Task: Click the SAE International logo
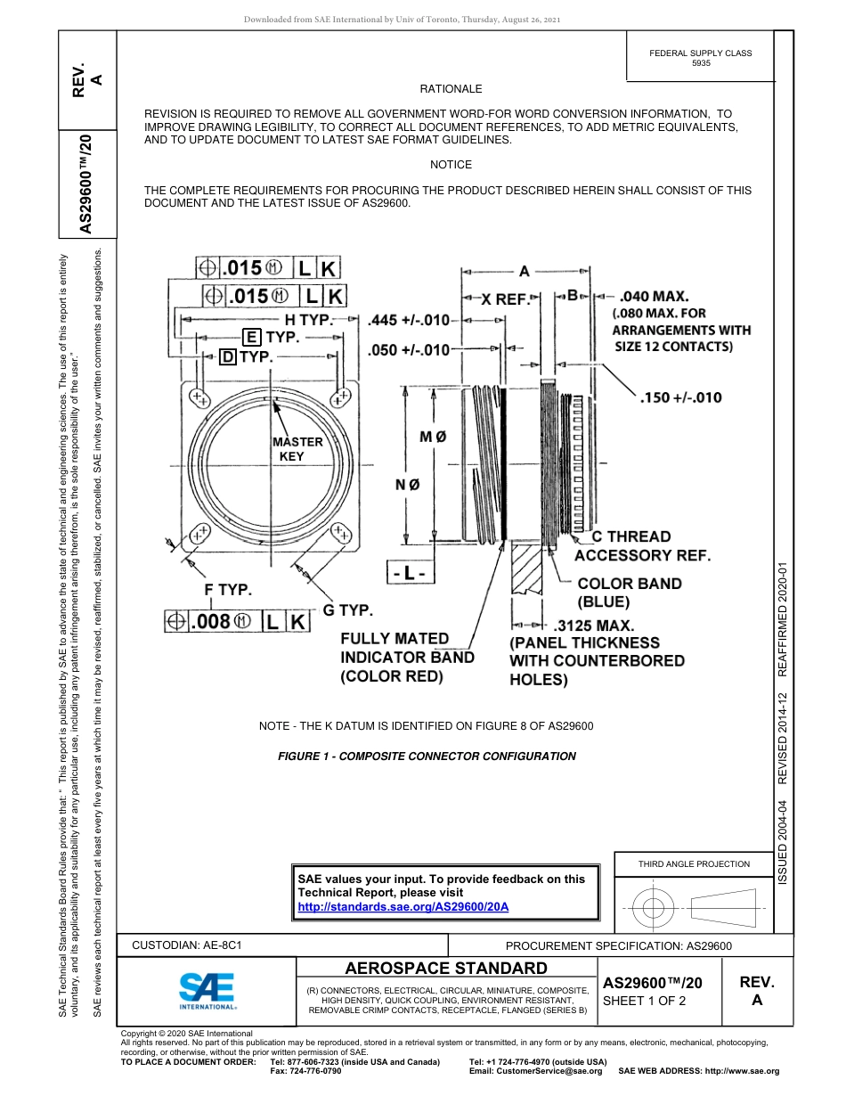coord(207,990)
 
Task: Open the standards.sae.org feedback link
coord(403,906)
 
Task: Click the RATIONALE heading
coord(451,89)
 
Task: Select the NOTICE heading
coord(451,165)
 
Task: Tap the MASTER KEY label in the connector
coord(297,449)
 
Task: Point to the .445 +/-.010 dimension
coord(409,320)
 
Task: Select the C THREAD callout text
coord(631,536)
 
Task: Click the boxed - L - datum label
coord(410,574)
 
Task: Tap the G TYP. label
coord(347,610)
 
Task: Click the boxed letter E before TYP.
coord(252,337)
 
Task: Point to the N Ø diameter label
coord(407,484)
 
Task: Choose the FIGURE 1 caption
coord(427,757)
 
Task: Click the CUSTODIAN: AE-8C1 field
coord(187,945)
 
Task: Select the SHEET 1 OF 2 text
coord(644,1000)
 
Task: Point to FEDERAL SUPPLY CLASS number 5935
coord(701,64)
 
